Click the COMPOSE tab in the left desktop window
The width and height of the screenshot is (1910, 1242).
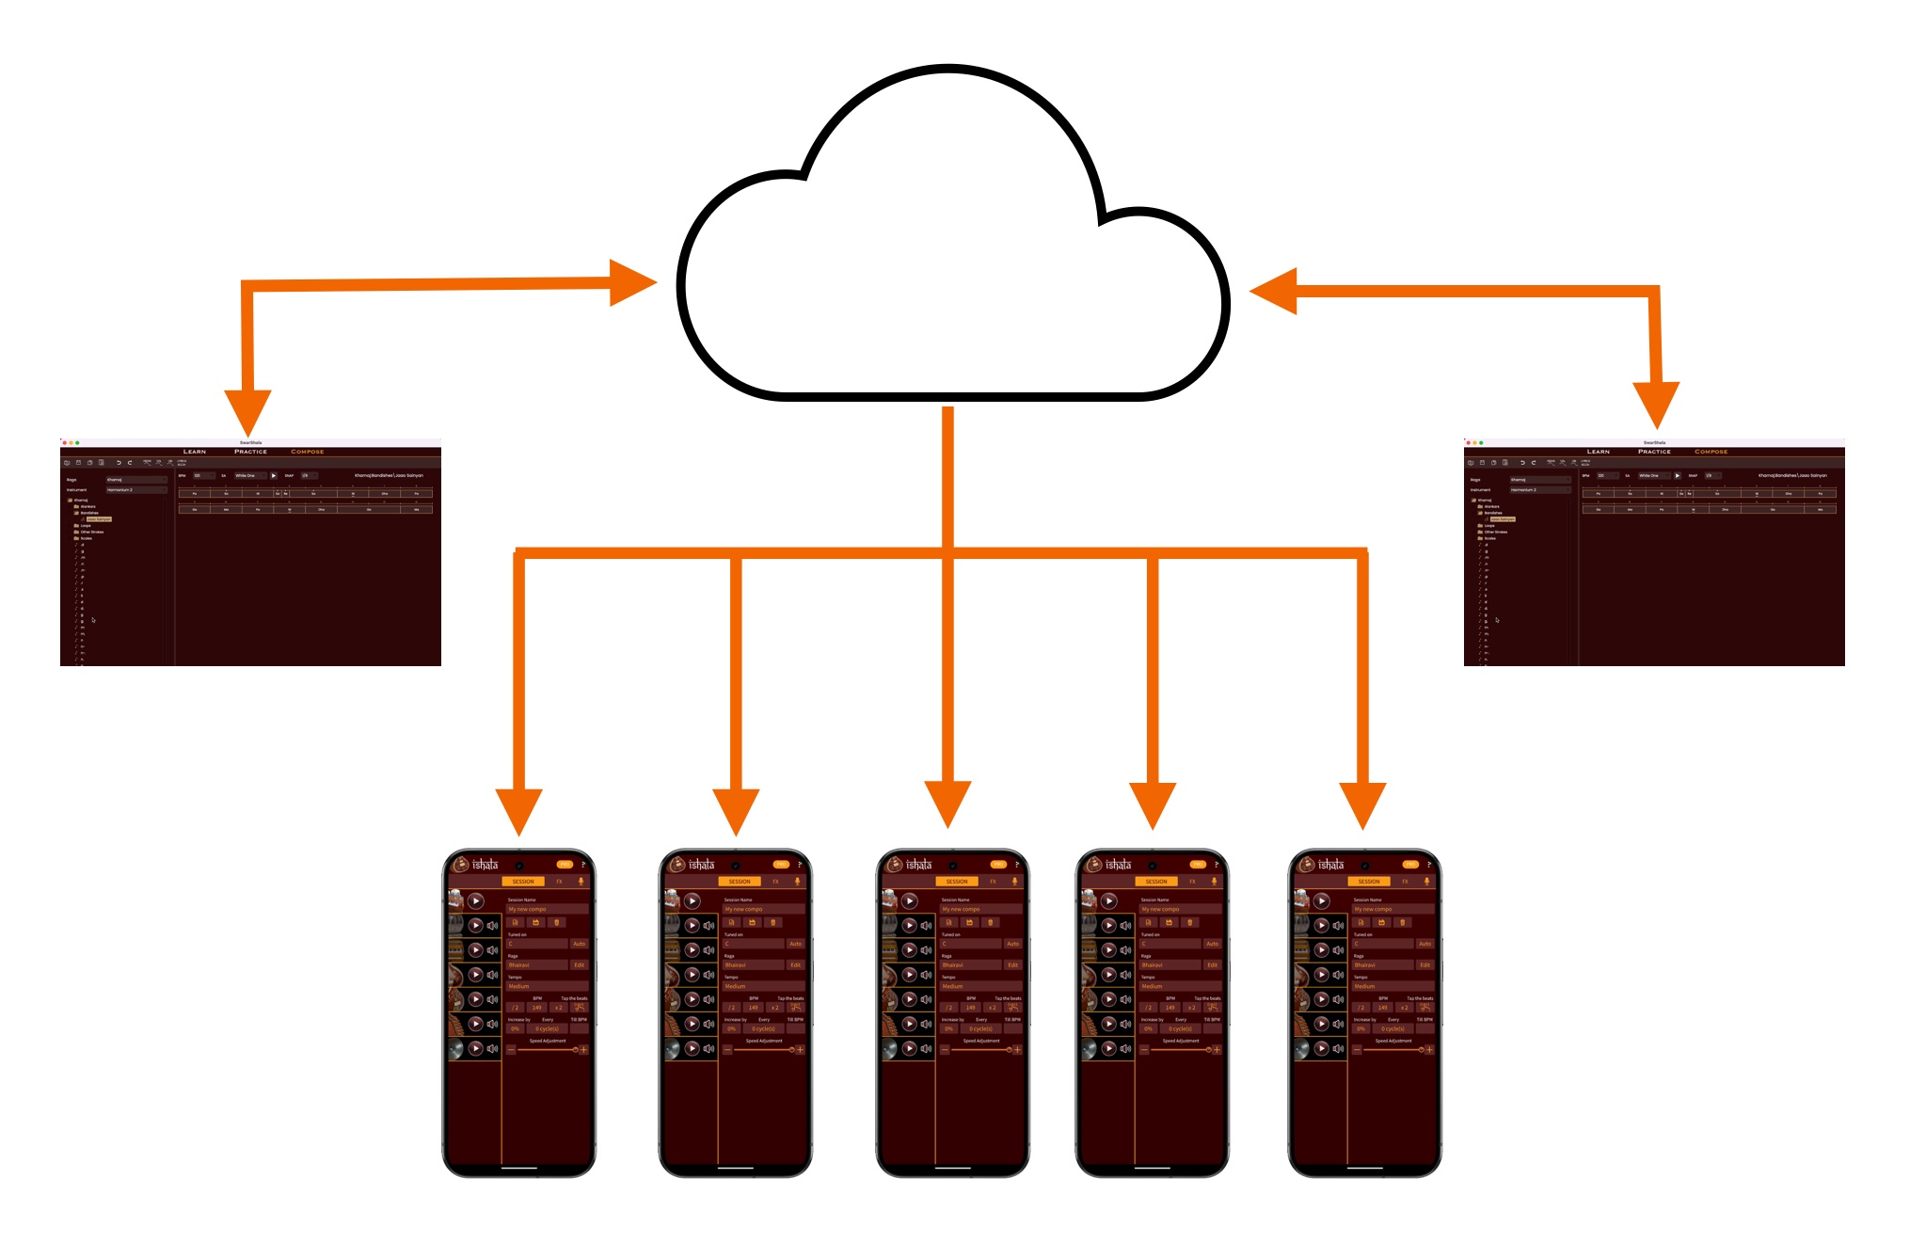(x=307, y=452)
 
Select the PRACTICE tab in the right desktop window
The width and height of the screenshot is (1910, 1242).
(x=1654, y=452)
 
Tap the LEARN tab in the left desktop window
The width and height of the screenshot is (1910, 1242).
(x=195, y=452)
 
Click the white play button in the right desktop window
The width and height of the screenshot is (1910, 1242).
(x=1677, y=475)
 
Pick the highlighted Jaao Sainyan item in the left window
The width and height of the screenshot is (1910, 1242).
(x=99, y=519)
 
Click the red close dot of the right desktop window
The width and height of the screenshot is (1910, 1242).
(x=1468, y=442)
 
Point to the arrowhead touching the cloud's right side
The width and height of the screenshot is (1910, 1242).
(x=1274, y=291)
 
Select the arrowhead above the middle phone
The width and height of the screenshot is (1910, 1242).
(x=947, y=804)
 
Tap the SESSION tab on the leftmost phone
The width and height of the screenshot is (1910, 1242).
(x=523, y=882)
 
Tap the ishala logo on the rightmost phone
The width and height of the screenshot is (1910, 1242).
(x=1330, y=865)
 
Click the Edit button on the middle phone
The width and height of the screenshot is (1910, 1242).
(x=1012, y=964)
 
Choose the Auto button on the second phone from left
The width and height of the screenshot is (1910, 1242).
(x=795, y=944)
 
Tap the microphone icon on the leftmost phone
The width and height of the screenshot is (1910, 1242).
(x=581, y=882)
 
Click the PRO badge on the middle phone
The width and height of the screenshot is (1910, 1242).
(x=998, y=864)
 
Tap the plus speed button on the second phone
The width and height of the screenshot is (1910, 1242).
(x=800, y=1049)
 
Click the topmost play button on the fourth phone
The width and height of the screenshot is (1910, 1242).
(x=1109, y=900)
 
